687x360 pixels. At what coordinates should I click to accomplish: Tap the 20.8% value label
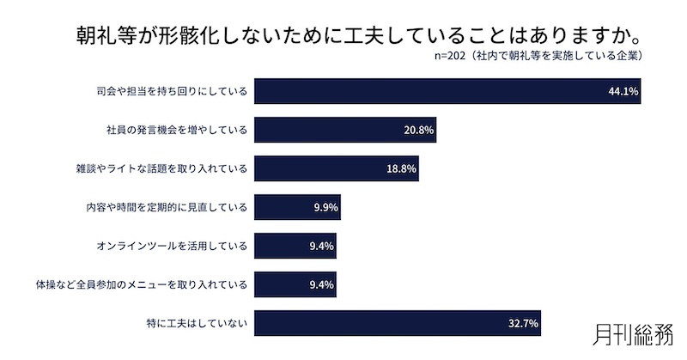pos(419,131)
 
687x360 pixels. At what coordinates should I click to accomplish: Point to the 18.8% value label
pos(401,169)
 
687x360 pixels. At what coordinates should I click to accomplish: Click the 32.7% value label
pos(523,324)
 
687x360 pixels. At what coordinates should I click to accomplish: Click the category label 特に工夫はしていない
pos(197,324)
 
